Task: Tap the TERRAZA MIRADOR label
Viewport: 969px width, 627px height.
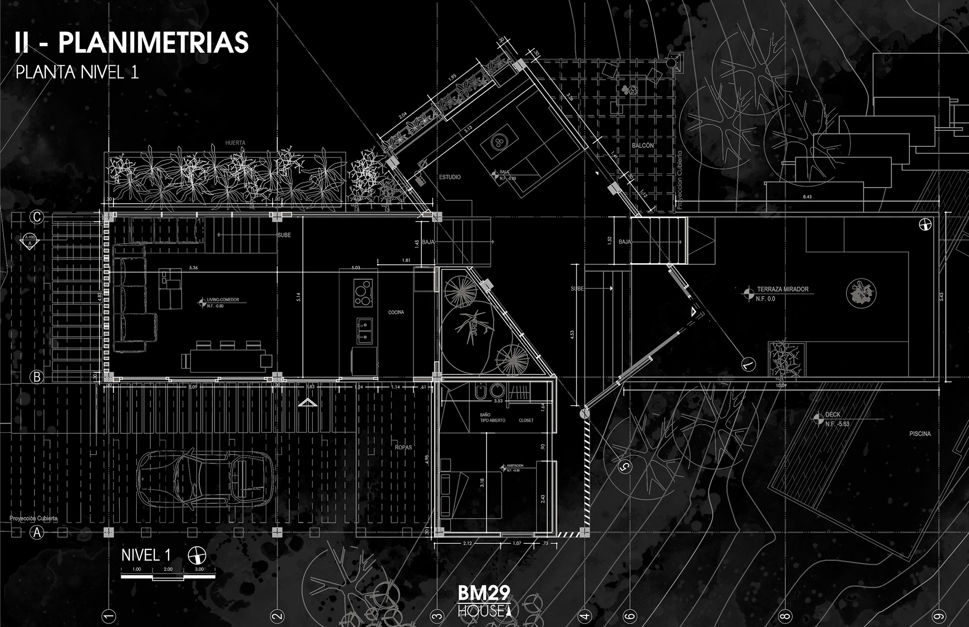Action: click(782, 289)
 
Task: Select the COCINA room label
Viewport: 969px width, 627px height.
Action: click(396, 312)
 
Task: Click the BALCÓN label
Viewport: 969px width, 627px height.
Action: click(642, 145)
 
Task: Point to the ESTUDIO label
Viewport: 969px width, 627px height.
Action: click(450, 177)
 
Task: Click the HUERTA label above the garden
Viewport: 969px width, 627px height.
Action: click(235, 143)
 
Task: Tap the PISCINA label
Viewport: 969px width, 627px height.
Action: click(920, 434)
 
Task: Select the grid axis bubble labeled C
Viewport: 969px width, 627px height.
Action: click(37, 217)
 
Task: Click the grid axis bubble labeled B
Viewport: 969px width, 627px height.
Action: click(37, 377)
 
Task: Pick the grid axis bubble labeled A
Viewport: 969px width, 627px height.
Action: click(37, 532)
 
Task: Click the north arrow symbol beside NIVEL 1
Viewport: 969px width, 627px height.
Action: click(197, 556)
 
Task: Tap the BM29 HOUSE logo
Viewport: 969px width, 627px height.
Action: click(484, 601)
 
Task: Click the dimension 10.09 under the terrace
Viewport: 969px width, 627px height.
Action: click(781, 385)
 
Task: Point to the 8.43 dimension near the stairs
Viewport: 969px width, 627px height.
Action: click(807, 197)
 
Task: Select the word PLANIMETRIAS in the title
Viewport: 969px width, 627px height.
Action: click(153, 42)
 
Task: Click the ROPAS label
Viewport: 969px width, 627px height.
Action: click(403, 447)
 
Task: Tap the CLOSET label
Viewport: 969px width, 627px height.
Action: click(526, 420)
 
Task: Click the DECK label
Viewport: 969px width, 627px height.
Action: click(833, 415)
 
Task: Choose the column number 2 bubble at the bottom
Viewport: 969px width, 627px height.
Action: click(277, 615)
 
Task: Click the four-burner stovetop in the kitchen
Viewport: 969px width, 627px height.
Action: click(363, 293)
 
